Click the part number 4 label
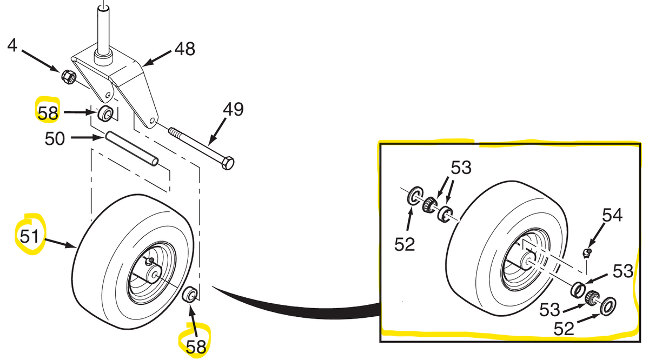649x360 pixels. [12, 46]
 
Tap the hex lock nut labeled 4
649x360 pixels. [69, 77]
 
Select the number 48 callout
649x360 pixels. [184, 49]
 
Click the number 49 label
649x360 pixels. [233, 110]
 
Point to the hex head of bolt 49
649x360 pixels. [228, 163]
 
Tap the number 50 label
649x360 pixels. [55, 139]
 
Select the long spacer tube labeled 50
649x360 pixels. [132, 149]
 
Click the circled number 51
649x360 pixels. [29, 236]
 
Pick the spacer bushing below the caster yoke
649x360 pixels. [105, 114]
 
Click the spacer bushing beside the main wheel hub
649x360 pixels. [190, 295]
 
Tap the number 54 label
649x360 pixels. [612, 216]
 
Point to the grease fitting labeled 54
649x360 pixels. [586, 253]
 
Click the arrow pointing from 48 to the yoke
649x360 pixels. [157, 59]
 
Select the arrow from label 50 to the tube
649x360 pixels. [88, 138]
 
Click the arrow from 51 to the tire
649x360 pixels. [60, 243]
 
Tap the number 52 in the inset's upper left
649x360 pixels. [405, 244]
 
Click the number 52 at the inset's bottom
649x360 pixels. [564, 329]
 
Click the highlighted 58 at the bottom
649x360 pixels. [196, 346]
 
